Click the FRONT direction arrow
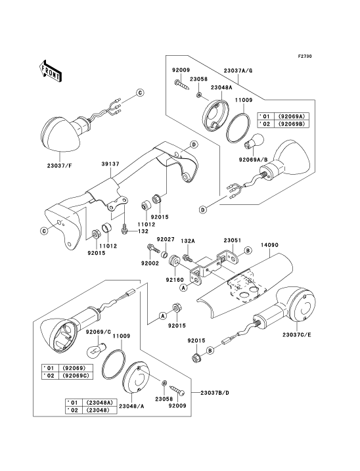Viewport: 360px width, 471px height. click(x=51, y=71)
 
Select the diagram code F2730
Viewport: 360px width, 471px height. click(x=305, y=56)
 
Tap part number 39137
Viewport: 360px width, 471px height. click(x=110, y=164)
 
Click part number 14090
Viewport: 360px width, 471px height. click(x=269, y=245)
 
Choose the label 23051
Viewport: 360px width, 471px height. click(x=233, y=240)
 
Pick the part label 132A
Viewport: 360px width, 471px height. click(x=188, y=241)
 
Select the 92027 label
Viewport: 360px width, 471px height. click(x=166, y=239)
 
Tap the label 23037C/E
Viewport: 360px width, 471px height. click(x=296, y=334)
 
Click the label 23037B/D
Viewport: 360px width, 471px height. click(x=215, y=393)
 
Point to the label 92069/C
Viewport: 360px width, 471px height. click(x=99, y=332)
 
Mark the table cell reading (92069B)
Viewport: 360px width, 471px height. click(x=290, y=123)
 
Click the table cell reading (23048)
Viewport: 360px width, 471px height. click(x=98, y=410)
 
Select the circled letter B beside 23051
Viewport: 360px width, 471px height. click(x=247, y=250)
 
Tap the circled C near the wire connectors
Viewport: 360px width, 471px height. click(x=140, y=93)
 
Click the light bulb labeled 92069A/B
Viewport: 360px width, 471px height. click(x=254, y=142)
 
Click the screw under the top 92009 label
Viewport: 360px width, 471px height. click(x=182, y=84)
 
